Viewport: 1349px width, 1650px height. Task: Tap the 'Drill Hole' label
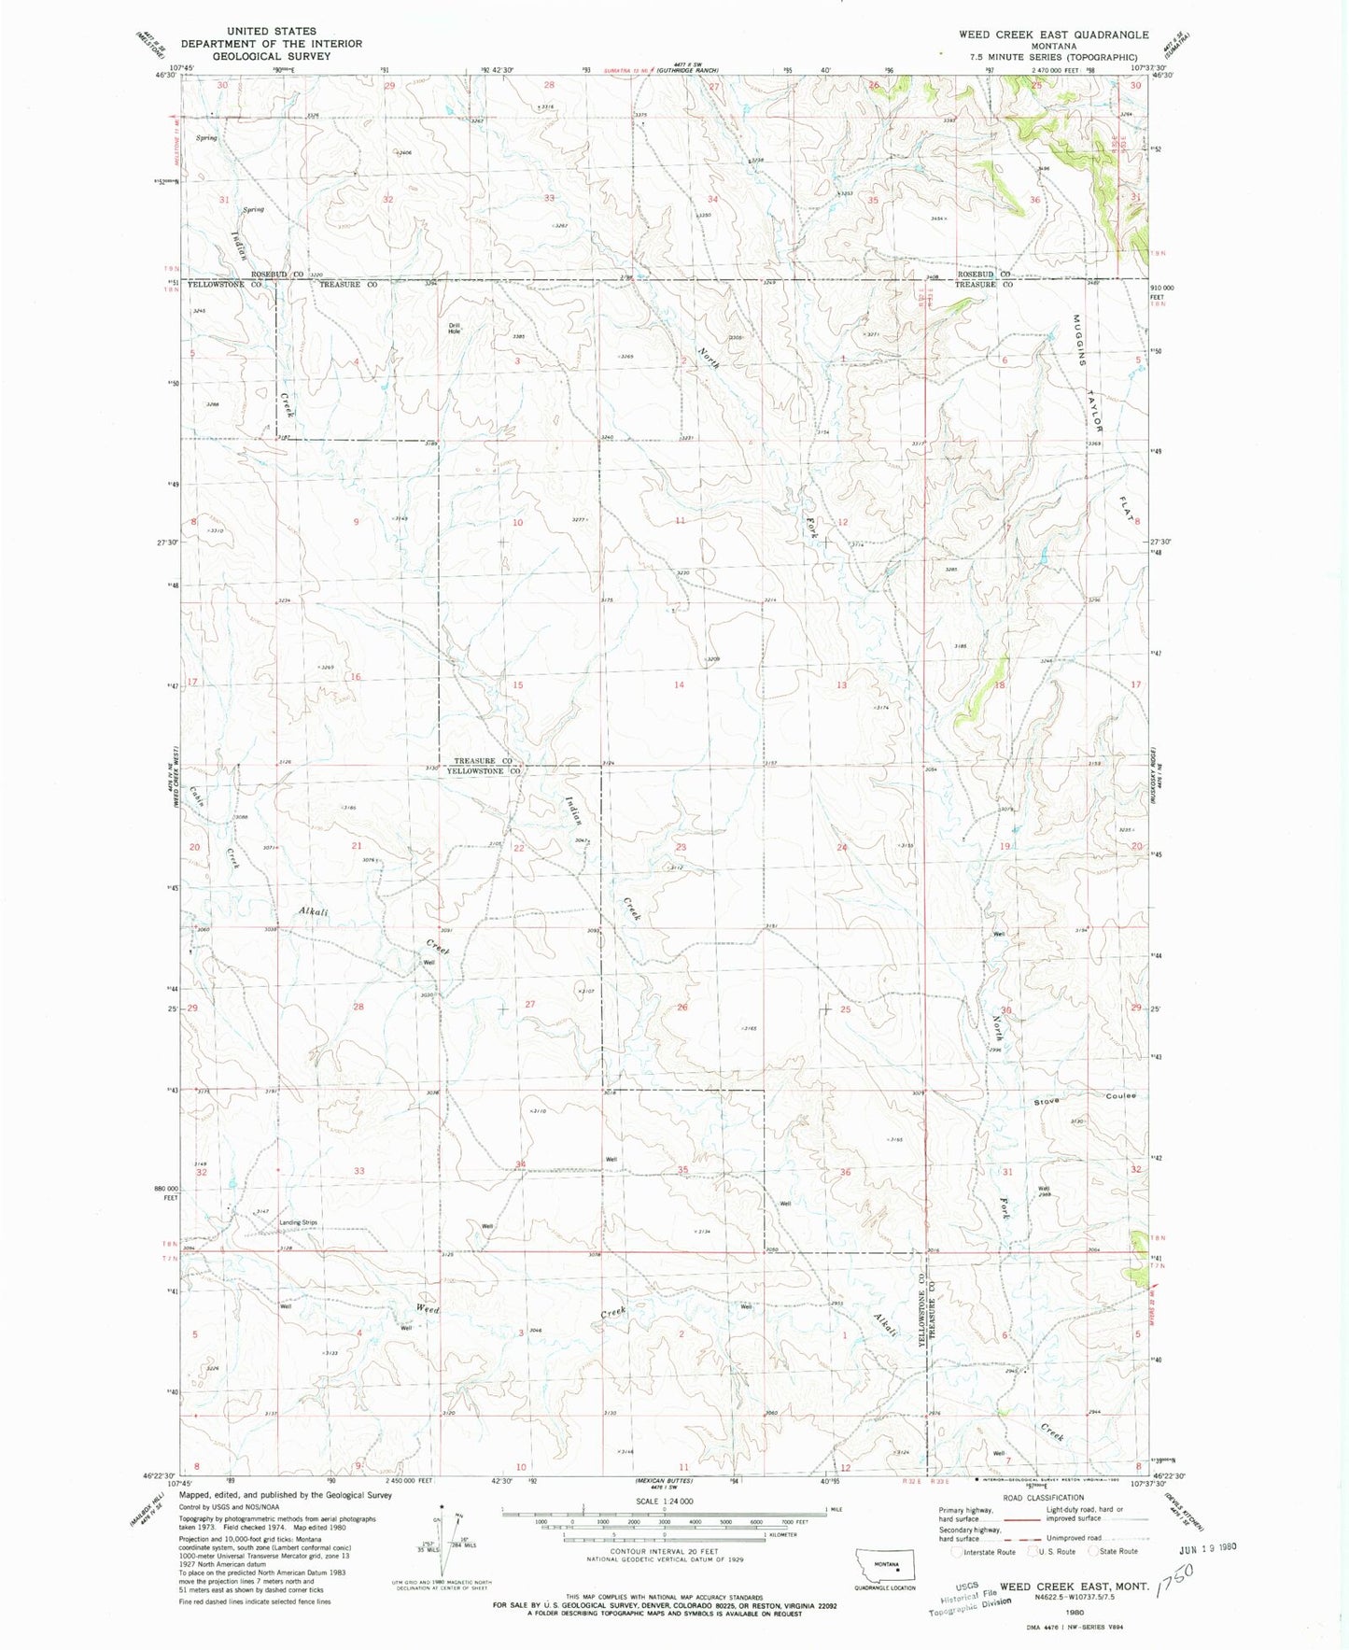455,329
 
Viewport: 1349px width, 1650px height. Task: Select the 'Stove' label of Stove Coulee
1047,1102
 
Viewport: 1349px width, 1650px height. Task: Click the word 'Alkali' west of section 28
314,911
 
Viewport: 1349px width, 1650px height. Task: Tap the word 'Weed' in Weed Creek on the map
428,1309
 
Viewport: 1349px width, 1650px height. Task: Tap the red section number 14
679,684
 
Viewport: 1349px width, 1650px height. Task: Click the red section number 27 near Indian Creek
529,1004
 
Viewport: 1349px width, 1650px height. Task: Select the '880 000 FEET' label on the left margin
164,1192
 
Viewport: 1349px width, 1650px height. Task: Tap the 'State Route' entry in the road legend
1118,1551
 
